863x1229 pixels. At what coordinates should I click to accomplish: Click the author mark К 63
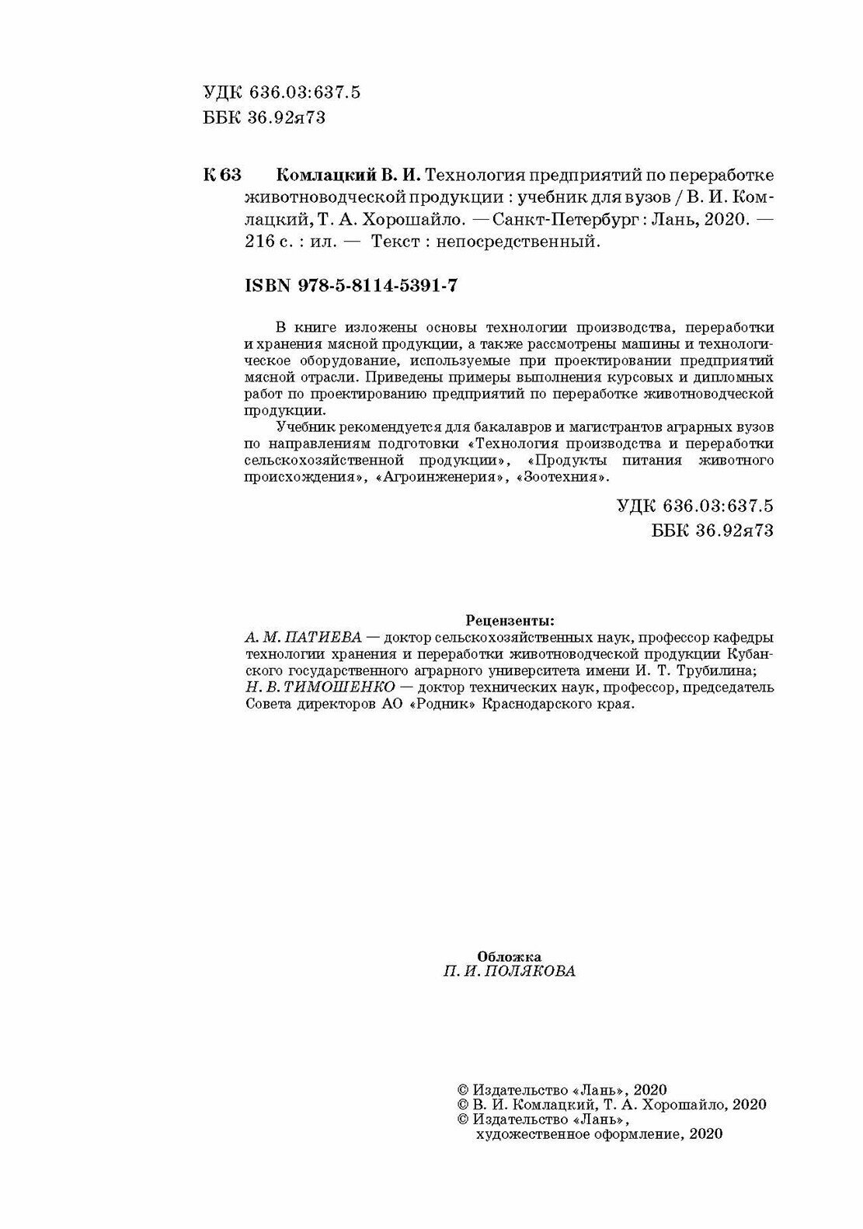pyautogui.click(x=224, y=173)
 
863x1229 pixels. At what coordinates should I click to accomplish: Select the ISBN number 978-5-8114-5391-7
pyautogui.click(x=378, y=285)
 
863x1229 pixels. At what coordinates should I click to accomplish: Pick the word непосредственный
pyautogui.click(x=520, y=242)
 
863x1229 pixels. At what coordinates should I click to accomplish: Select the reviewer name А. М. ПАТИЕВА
pyautogui.click(x=303, y=636)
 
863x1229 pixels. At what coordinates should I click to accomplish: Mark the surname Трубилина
pyautogui.click(x=713, y=670)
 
